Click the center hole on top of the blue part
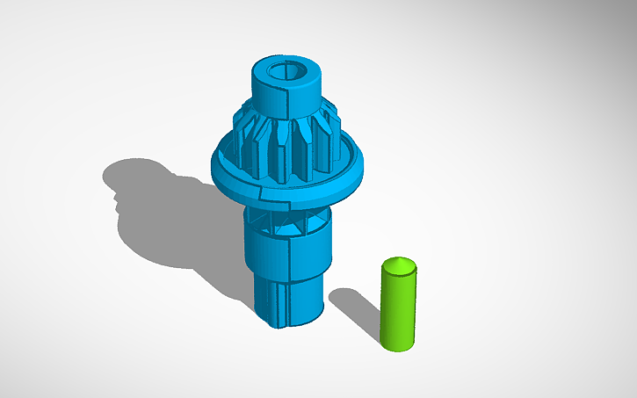pyautogui.click(x=288, y=71)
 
